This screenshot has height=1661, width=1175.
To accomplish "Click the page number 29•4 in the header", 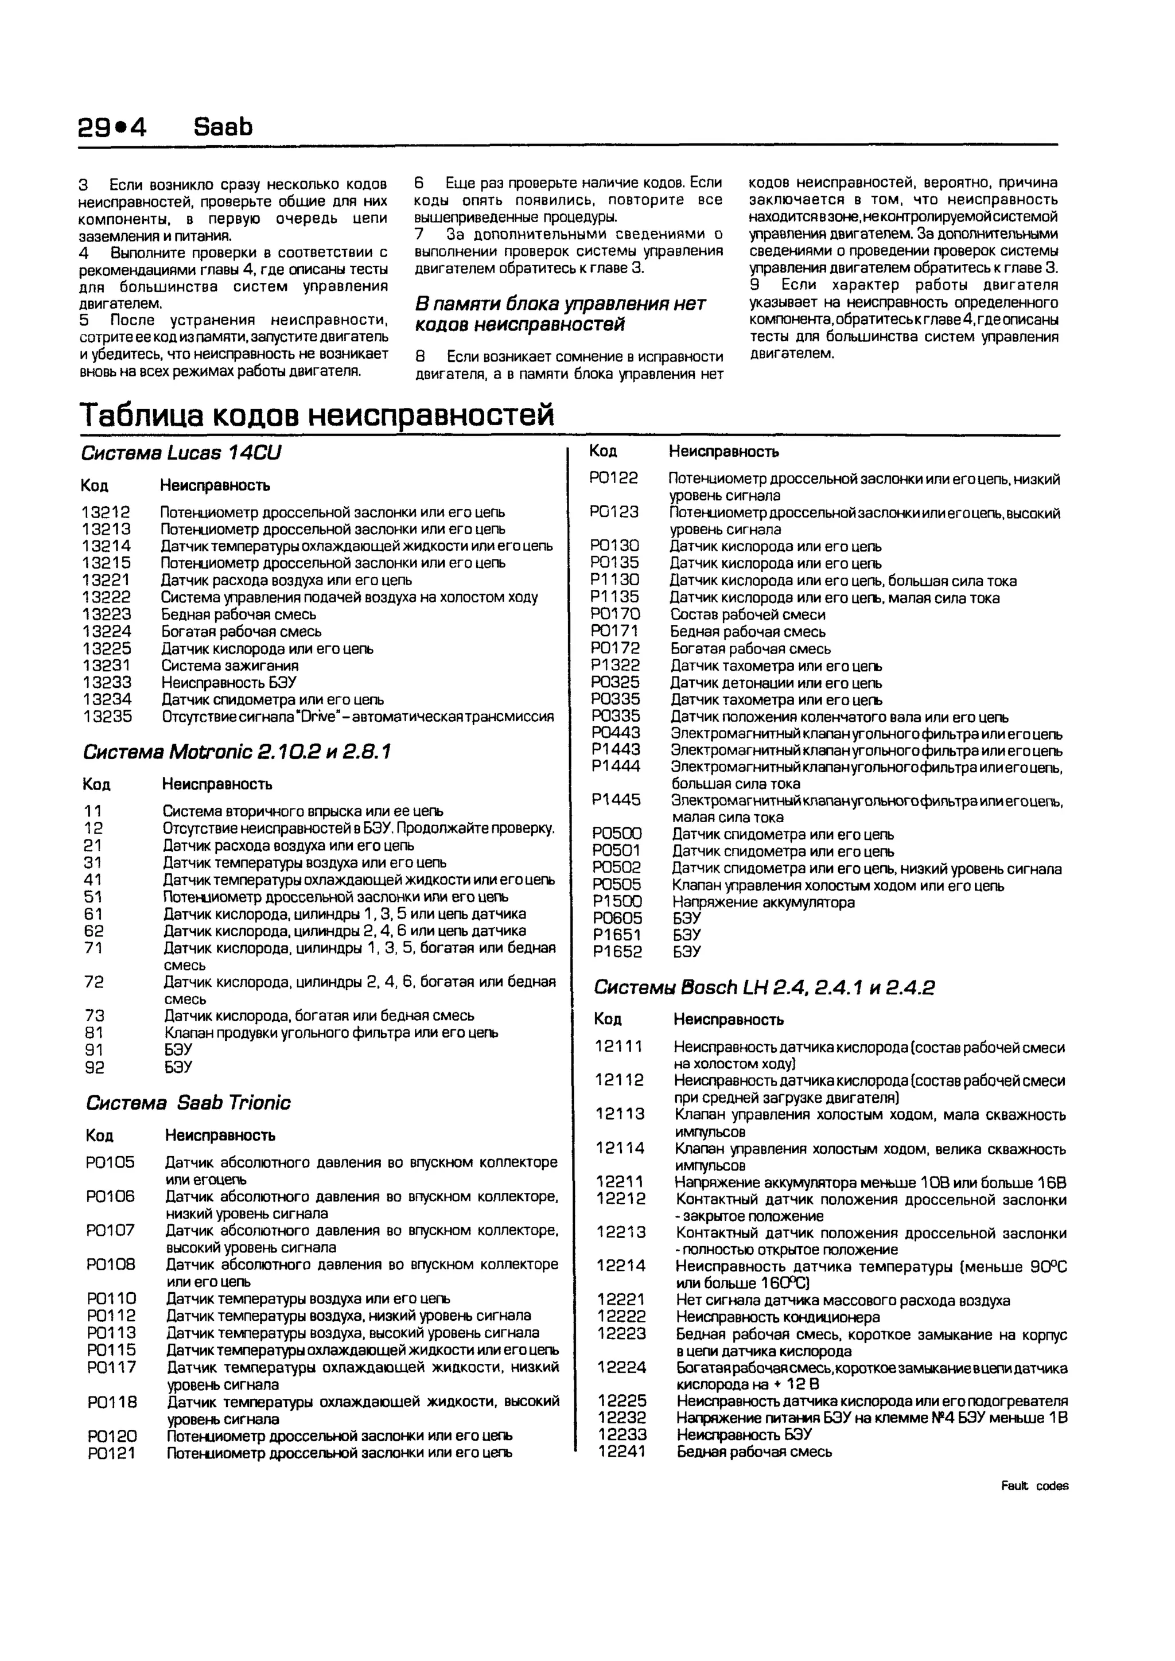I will [x=112, y=127].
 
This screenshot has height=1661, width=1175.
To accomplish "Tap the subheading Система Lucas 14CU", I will [x=180, y=453].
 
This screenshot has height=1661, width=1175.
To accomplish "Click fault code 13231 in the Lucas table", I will [x=106, y=666].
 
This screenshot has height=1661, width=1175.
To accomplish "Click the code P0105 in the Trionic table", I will [x=110, y=1162].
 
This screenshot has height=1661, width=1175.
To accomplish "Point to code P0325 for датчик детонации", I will [x=615, y=682].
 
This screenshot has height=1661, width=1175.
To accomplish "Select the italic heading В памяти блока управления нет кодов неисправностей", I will [x=559, y=314].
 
